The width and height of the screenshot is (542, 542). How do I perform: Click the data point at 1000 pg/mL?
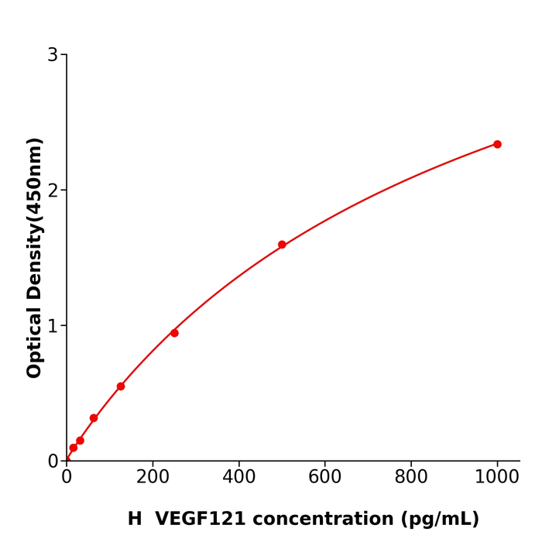pos(497,144)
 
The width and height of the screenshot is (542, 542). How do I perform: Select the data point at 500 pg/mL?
pos(282,245)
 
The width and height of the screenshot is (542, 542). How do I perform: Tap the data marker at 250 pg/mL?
pos(174,333)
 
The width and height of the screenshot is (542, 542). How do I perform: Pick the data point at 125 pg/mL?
pos(121,386)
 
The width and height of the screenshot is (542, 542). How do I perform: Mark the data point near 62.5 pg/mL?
pos(94,418)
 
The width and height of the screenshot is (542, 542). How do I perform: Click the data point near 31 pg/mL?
pos(80,441)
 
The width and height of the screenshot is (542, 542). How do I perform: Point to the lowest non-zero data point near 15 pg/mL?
pos(74,448)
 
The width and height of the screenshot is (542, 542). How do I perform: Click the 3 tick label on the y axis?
pos(53,55)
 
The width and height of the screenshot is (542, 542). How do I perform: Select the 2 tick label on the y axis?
pos(53,190)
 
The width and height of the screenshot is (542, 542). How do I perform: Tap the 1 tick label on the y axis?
pos(53,326)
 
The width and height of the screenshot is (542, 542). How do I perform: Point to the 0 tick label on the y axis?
pos(53,461)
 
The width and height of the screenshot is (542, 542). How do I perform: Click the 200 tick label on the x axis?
pos(153,478)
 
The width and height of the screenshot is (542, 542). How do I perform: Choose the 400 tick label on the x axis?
pos(238,478)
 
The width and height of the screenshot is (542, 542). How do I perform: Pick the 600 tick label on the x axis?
pos(325,478)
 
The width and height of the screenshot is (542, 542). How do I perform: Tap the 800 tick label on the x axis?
pos(411,478)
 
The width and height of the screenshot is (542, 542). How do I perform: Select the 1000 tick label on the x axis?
pos(497,478)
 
